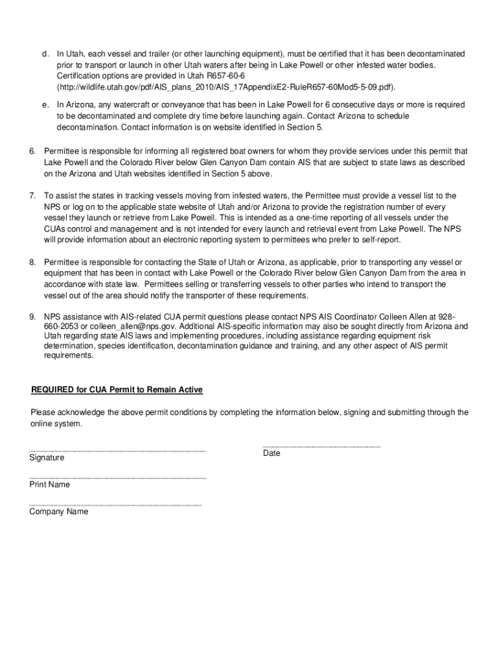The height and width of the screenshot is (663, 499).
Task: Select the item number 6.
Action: (x=32, y=151)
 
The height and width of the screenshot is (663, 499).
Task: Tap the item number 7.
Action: (x=32, y=196)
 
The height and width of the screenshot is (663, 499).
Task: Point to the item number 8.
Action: (x=32, y=262)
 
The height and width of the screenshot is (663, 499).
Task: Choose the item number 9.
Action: (x=32, y=317)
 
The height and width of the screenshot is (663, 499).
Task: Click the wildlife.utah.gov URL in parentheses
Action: (x=226, y=87)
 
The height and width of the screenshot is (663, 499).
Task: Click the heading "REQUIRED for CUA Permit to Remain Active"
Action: (x=117, y=390)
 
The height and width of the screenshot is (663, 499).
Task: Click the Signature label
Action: (x=47, y=458)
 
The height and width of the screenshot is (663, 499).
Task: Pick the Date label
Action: (x=272, y=453)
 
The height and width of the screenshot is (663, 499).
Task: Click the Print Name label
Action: (x=49, y=484)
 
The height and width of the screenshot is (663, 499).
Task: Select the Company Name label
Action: (x=58, y=511)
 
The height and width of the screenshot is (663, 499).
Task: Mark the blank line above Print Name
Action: (x=117, y=477)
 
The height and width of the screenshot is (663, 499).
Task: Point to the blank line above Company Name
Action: (x=115, y=504)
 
